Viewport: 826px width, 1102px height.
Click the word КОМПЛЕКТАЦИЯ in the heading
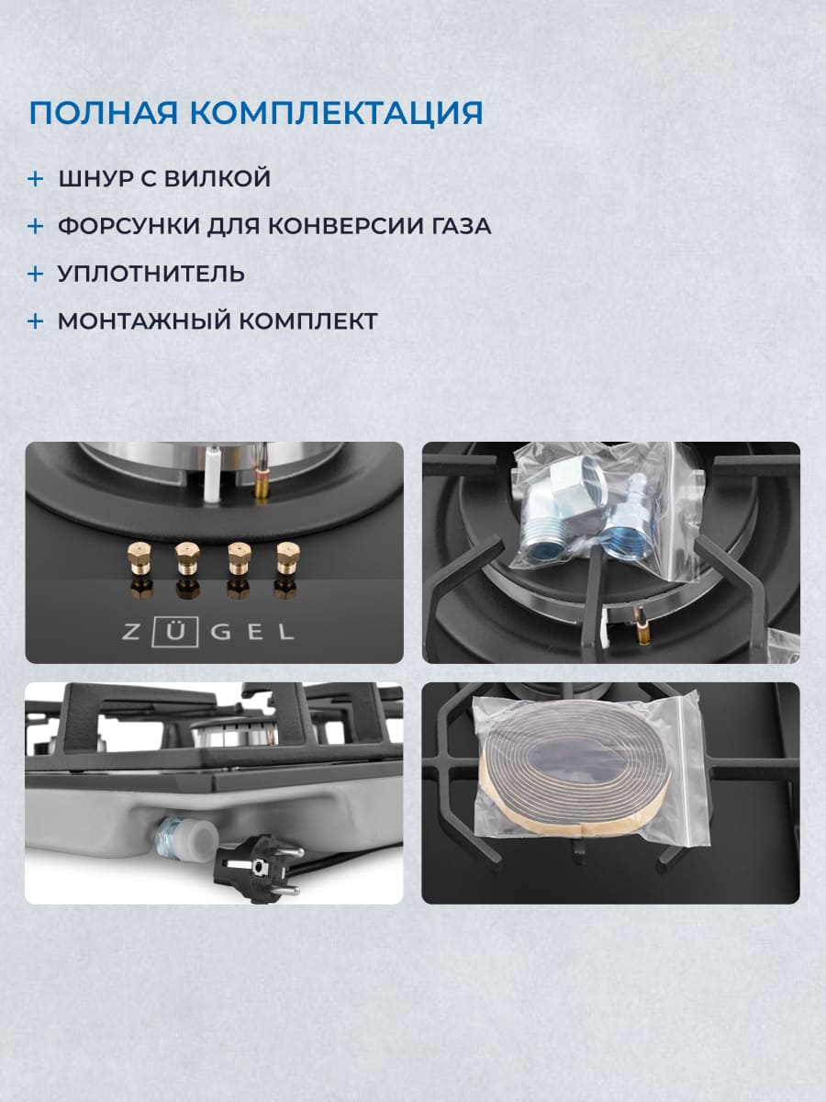[x=336, y=112]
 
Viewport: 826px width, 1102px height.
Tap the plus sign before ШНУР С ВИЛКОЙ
[x=35, y=178]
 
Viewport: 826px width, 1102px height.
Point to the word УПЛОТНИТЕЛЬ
[x=151, y=274]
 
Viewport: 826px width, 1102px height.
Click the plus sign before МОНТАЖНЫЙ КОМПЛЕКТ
[x=35, y=321]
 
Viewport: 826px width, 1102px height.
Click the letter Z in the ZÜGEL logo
[x=135, y=632]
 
